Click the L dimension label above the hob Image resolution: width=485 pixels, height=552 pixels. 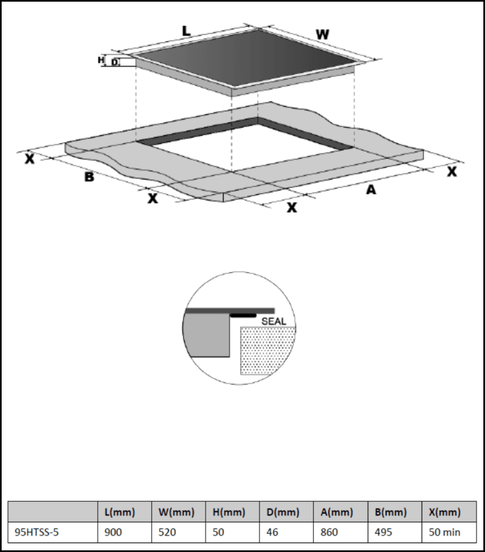pyautogui.click(x=186, y=32)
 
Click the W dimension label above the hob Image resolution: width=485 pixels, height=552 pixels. pyautogui.click(x=322, y=34)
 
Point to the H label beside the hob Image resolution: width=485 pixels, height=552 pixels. pyautogui.click(x=101, y=60)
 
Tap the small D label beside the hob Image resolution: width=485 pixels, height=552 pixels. pyautogui.click(x=114, y=62)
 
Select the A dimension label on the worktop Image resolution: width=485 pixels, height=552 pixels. pyautogui.click(x=371, y=190)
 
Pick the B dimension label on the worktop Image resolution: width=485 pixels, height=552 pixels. pyautogui.click(x=89, y=177)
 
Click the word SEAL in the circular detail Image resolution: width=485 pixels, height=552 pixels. pyautogui.click(x=274, y=321)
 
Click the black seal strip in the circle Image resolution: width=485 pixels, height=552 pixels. pyautogui.click(x=243, y=315)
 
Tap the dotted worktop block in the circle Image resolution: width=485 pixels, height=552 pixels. pyautogui.click(x=268, y=351)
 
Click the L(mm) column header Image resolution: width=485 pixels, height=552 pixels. pyautogui.click(x=120, y=512)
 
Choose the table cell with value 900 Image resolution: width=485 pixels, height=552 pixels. pyautogui.click(x=113, y=533)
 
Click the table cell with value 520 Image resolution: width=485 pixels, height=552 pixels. pyautogui.click(x=167, y=533)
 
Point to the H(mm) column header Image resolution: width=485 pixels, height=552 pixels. pyautogui.click(x=229, y=512)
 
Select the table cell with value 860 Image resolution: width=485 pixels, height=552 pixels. pyautogui.click(x=329, y=533)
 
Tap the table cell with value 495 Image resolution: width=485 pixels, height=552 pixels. pyautogui.click(x=383, y=533)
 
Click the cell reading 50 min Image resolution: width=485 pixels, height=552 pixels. pyautogui.click(x=445, y=533)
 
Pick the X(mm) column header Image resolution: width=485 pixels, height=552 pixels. pyautogui.click(x=445, y=512)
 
